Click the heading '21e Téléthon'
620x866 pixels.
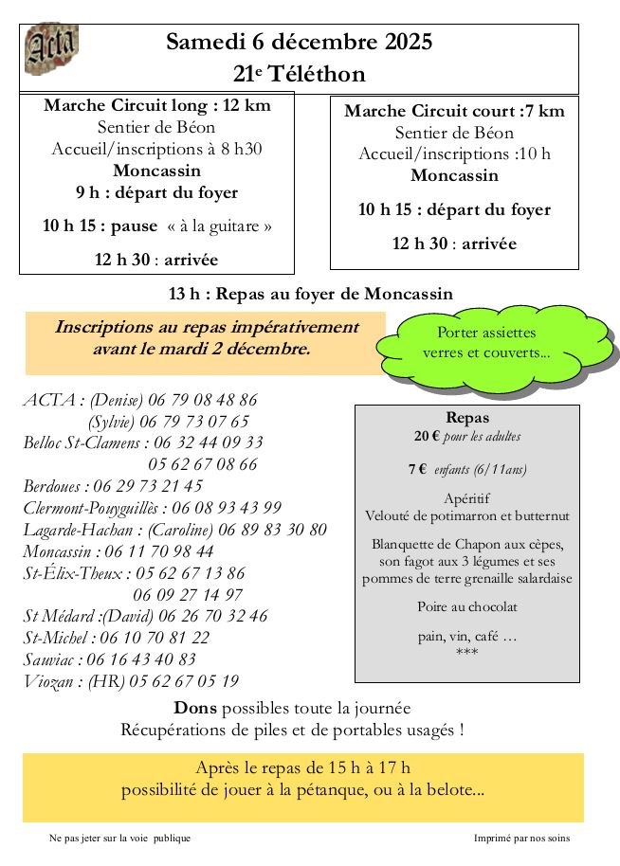tap(299, 74)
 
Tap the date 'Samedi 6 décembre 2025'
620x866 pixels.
tap(299, 42)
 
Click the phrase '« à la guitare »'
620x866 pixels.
tap(219, 226)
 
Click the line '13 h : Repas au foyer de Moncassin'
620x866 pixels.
tap(310, 294)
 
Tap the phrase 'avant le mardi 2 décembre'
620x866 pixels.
tap(201, 348)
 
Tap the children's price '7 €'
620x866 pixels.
tap(417, 469)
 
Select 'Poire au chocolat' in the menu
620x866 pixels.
tap(466, 606)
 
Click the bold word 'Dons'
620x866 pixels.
tap(194, 708)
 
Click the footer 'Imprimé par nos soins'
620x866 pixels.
tap(521, 838)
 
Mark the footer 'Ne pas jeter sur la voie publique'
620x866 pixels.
tap(119, 838)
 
